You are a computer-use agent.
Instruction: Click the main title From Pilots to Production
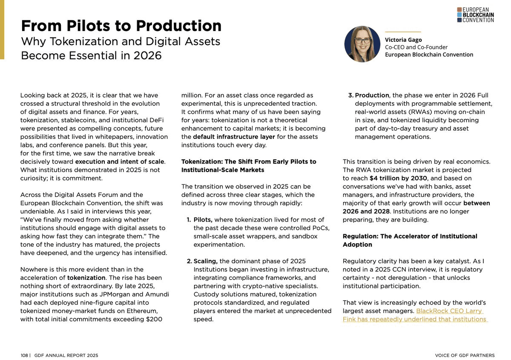click(121, 26)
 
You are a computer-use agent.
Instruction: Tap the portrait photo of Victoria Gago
click(362, 44)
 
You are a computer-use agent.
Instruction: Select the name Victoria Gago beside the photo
click(403, 40)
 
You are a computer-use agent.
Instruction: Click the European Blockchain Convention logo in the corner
click(475, 14)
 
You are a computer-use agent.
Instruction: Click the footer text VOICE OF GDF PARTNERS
click(465, 355)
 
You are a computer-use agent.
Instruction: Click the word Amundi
click(156, 294)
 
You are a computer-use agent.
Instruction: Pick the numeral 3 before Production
click(351, 95)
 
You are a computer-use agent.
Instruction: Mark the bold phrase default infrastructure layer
click(228, 137)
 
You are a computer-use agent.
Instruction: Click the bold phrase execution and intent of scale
click(120, 161)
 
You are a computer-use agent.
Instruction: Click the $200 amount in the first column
click(154, 319)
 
